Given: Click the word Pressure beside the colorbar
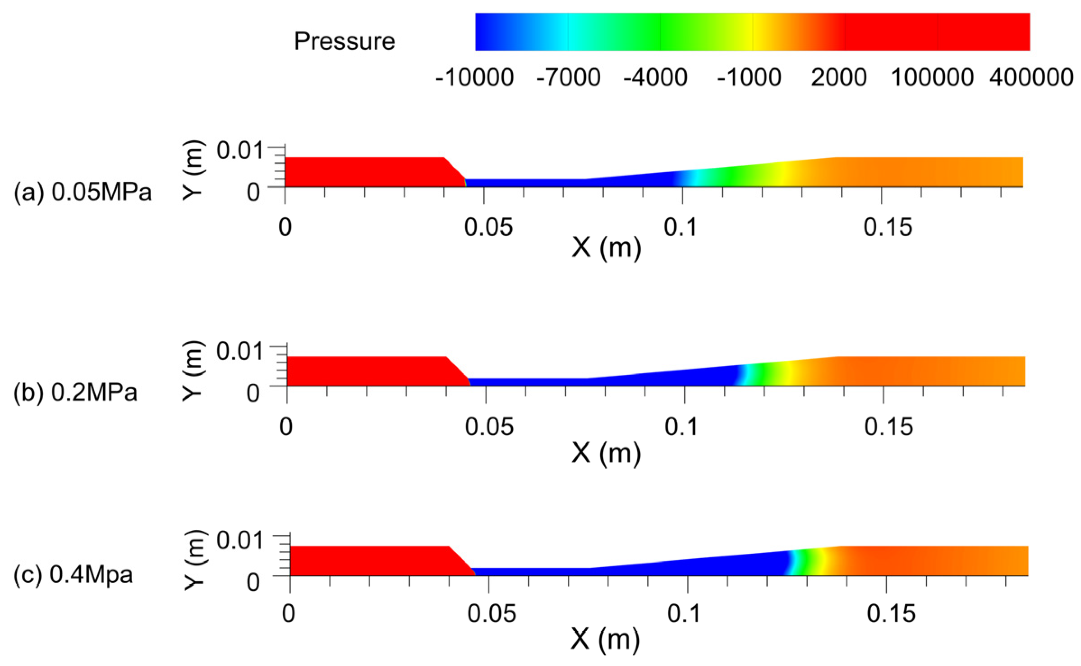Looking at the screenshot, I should pos(345,41).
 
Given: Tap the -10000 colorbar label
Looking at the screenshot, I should pos(474,78).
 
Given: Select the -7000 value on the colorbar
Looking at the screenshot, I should pos(568,78).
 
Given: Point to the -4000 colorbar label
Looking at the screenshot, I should pos(655,78).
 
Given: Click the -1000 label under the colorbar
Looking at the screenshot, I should pos(749,78).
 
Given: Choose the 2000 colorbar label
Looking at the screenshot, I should pos(838,78).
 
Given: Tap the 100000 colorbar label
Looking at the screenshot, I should pos(932,78).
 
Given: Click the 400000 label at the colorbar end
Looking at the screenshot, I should pos(1031,78).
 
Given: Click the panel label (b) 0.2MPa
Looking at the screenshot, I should pos(75,392).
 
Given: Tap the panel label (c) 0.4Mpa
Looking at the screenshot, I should pos(73,575).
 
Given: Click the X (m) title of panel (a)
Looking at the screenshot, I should pos(606,248).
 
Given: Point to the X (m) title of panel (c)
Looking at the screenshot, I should pos(605,639).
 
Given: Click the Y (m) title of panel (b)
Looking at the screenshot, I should pos(193,371).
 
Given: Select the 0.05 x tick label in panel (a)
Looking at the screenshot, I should pos(488,227).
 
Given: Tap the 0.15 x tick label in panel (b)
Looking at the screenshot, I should pos(888,427).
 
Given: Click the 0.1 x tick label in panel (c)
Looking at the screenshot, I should pos(684,614).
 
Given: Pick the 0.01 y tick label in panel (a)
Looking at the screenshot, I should pos(239,150).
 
